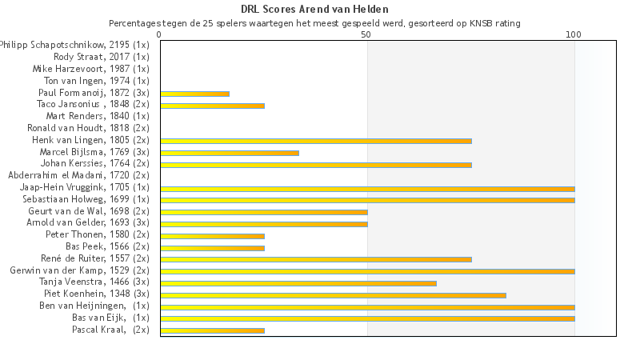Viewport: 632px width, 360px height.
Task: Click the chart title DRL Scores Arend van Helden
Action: point(314,10)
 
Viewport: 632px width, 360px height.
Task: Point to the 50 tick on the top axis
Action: point(366,34)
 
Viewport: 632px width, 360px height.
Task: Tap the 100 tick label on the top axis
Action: point(574,34)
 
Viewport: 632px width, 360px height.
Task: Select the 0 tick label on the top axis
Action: point(160,34)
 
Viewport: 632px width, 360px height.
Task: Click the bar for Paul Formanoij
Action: point(194,94)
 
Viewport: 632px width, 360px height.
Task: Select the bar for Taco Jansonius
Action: point(212,106)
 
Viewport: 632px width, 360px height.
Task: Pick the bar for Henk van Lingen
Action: point(315,141)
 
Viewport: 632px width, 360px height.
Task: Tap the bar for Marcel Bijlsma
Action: point(230,153)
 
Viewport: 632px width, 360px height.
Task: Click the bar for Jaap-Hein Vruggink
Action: point(367,189)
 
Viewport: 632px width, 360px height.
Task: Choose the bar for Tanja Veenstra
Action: point(298,283)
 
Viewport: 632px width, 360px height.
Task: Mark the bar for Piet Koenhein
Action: point(333,295)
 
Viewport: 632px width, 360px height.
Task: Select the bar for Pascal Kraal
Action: point(212,330)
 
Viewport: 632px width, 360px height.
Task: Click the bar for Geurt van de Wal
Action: point(264,212)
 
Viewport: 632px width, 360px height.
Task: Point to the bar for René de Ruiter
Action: point(315,259)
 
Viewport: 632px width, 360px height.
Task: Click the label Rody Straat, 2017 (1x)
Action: point(101,57)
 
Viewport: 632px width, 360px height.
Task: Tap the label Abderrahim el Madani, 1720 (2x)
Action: point(78,175)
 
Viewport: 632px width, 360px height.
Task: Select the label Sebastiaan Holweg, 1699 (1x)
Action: point(86,199)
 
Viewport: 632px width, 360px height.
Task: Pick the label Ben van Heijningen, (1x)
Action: point(94,306)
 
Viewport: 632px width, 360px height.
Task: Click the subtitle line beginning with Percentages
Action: point(314,23)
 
